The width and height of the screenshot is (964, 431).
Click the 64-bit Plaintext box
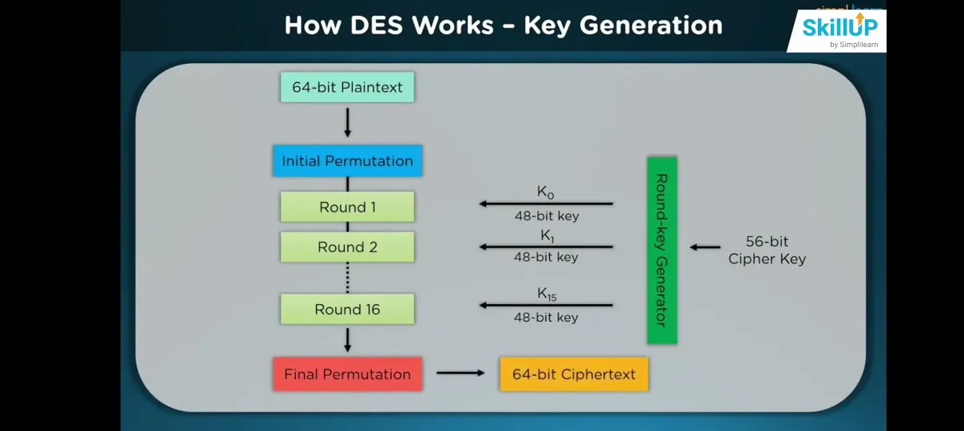(x=347, y=87)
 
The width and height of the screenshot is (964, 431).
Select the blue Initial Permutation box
(x=347, y=161)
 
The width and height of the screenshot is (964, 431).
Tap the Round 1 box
(x=347, y=207)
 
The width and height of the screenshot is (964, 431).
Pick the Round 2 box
(x=347, y=247)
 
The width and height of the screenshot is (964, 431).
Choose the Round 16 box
(x=347, y=309)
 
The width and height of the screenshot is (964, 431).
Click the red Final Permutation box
(x=347, y=374)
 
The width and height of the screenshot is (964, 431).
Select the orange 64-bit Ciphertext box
(x=574, y=374)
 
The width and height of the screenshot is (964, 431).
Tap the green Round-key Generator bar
(x=662, y=250)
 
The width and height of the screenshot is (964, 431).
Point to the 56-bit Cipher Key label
(x=767, y=250)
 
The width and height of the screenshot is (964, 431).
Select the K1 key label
(x=546, y=235)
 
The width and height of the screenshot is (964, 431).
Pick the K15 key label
(x=546, y=295)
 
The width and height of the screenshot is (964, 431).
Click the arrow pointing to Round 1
(x=546, y=204)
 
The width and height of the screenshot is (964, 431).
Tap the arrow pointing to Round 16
(x=546, y=305)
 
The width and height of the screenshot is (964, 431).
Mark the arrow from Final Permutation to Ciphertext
(x=460, y=373)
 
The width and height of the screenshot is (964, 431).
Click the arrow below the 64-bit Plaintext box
(x=347, y=122)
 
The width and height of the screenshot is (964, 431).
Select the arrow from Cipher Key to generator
(x=705, y=247)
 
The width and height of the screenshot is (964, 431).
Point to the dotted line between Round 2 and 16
(x=347, y=277)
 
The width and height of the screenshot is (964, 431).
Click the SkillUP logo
(x=839, y=30)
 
